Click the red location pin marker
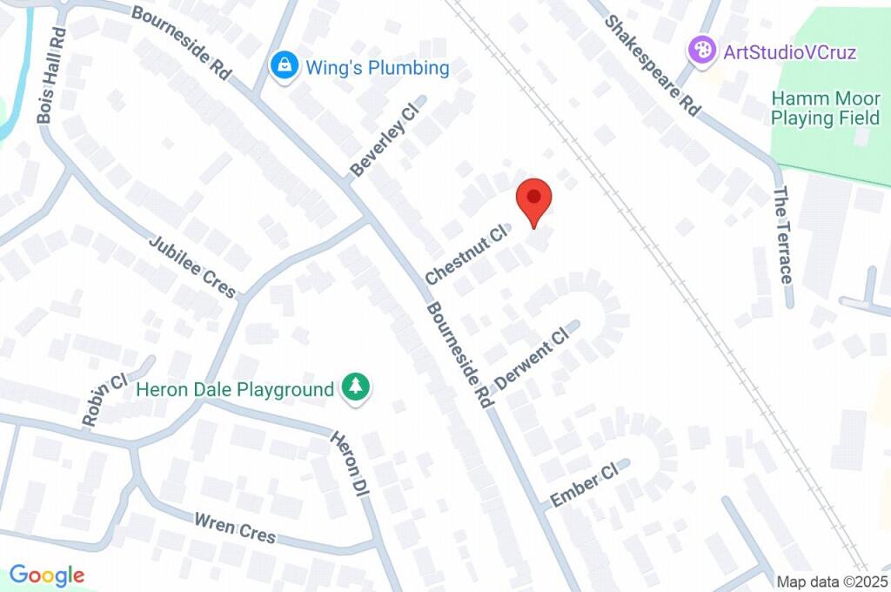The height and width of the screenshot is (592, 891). pyautogui.click(x=533, y=201)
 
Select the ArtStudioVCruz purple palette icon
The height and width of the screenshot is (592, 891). pyautogui.click(x=702, y=50)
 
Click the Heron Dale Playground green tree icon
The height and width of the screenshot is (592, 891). pyautogui.click(x=355, y=387)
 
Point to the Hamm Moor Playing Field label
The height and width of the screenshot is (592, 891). pyautogui.click(x=826, y=108)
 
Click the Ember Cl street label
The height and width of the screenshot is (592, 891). pyautogui.click(x=584, y=485)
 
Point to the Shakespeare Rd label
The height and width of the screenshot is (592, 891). pyautogui.click(x=653, y=65)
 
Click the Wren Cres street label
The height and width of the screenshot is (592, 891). pyautogui.click(x=235, y=528)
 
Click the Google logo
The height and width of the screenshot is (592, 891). pyautogui.click(x=47, y=575)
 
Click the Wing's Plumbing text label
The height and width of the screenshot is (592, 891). pyautogui.click(x=377, y=67)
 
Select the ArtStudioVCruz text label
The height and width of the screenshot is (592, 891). pyautogui.click(x=790, y=51)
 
